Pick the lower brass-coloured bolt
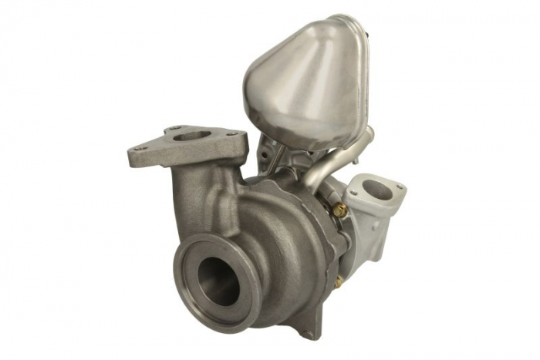(338, 282)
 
